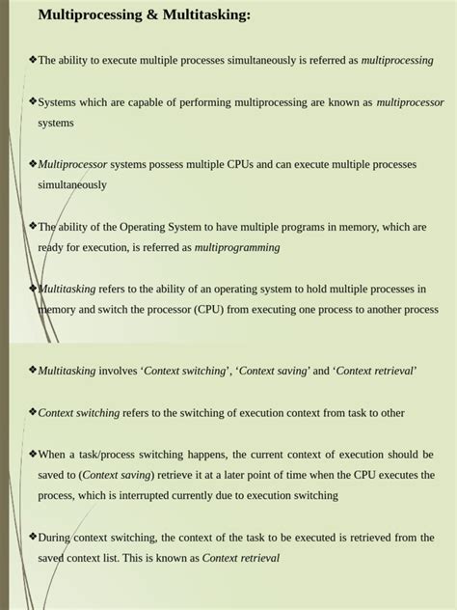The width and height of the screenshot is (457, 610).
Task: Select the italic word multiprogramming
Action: (x=237, y=247)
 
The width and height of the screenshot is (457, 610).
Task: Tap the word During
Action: (x=55, y=537)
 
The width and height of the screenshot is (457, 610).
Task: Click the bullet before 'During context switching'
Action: (x=33, y=536)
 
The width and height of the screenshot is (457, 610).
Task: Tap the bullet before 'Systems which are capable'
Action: (x=33, y=100)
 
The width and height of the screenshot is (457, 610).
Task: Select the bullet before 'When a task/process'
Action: (x=33, y=453)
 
